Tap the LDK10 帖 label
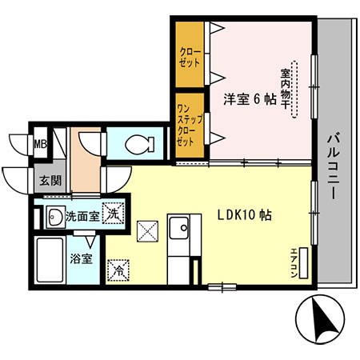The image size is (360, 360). click(246, 215)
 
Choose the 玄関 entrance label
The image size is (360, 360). click(39, 180)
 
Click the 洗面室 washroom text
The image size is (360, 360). click(82, 215)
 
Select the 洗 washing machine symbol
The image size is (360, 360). click(115, 214)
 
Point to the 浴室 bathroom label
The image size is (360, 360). click(81, 259)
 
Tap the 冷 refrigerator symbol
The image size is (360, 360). click(116, 270)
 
